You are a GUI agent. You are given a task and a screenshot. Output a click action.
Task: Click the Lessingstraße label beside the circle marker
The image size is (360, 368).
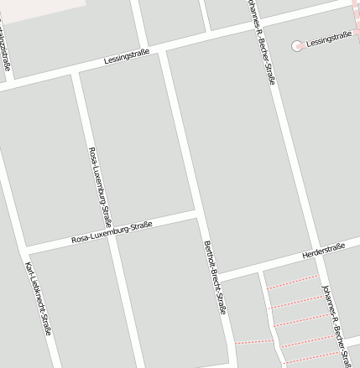[330, 39]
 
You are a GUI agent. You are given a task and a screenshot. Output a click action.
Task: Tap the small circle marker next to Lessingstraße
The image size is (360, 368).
[297, 45]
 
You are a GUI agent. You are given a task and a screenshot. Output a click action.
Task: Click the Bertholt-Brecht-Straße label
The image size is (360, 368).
[216, 277]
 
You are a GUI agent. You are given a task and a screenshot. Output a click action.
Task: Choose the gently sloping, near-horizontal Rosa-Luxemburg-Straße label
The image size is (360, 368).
[112, 232]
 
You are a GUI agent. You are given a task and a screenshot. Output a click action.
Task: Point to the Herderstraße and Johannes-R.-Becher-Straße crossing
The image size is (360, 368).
[316, 252]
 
